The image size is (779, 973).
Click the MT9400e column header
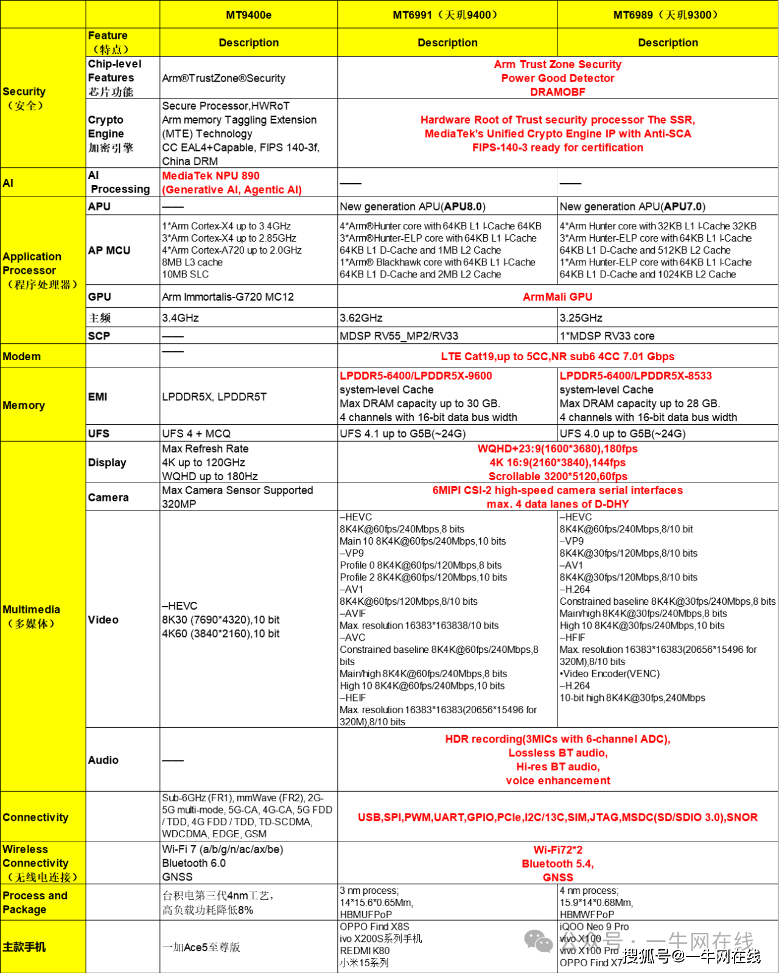coord(248,15)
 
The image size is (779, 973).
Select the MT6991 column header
coord(447,15)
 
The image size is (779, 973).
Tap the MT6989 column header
coord(667,15)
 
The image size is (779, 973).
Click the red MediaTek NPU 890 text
coord(211,176)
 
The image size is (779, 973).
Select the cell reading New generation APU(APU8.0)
coord(413,206)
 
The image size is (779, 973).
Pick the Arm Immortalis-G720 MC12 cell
coord(228,297)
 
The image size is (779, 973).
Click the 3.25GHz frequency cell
coord(581,318)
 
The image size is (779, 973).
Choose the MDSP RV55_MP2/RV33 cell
coord(399,336)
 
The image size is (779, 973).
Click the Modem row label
coord(22,357)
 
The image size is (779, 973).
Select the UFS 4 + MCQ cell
coord(196,433)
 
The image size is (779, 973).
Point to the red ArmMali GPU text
coord(557,297)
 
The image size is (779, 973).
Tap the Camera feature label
coord(108,497)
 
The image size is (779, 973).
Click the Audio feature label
coord(103,760)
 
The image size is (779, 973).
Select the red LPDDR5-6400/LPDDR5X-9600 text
coord(416,376)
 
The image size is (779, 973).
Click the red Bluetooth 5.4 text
coord(557,863)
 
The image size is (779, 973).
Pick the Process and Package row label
coord(35,902)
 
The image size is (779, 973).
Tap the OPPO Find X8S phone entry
coord(374,927)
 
